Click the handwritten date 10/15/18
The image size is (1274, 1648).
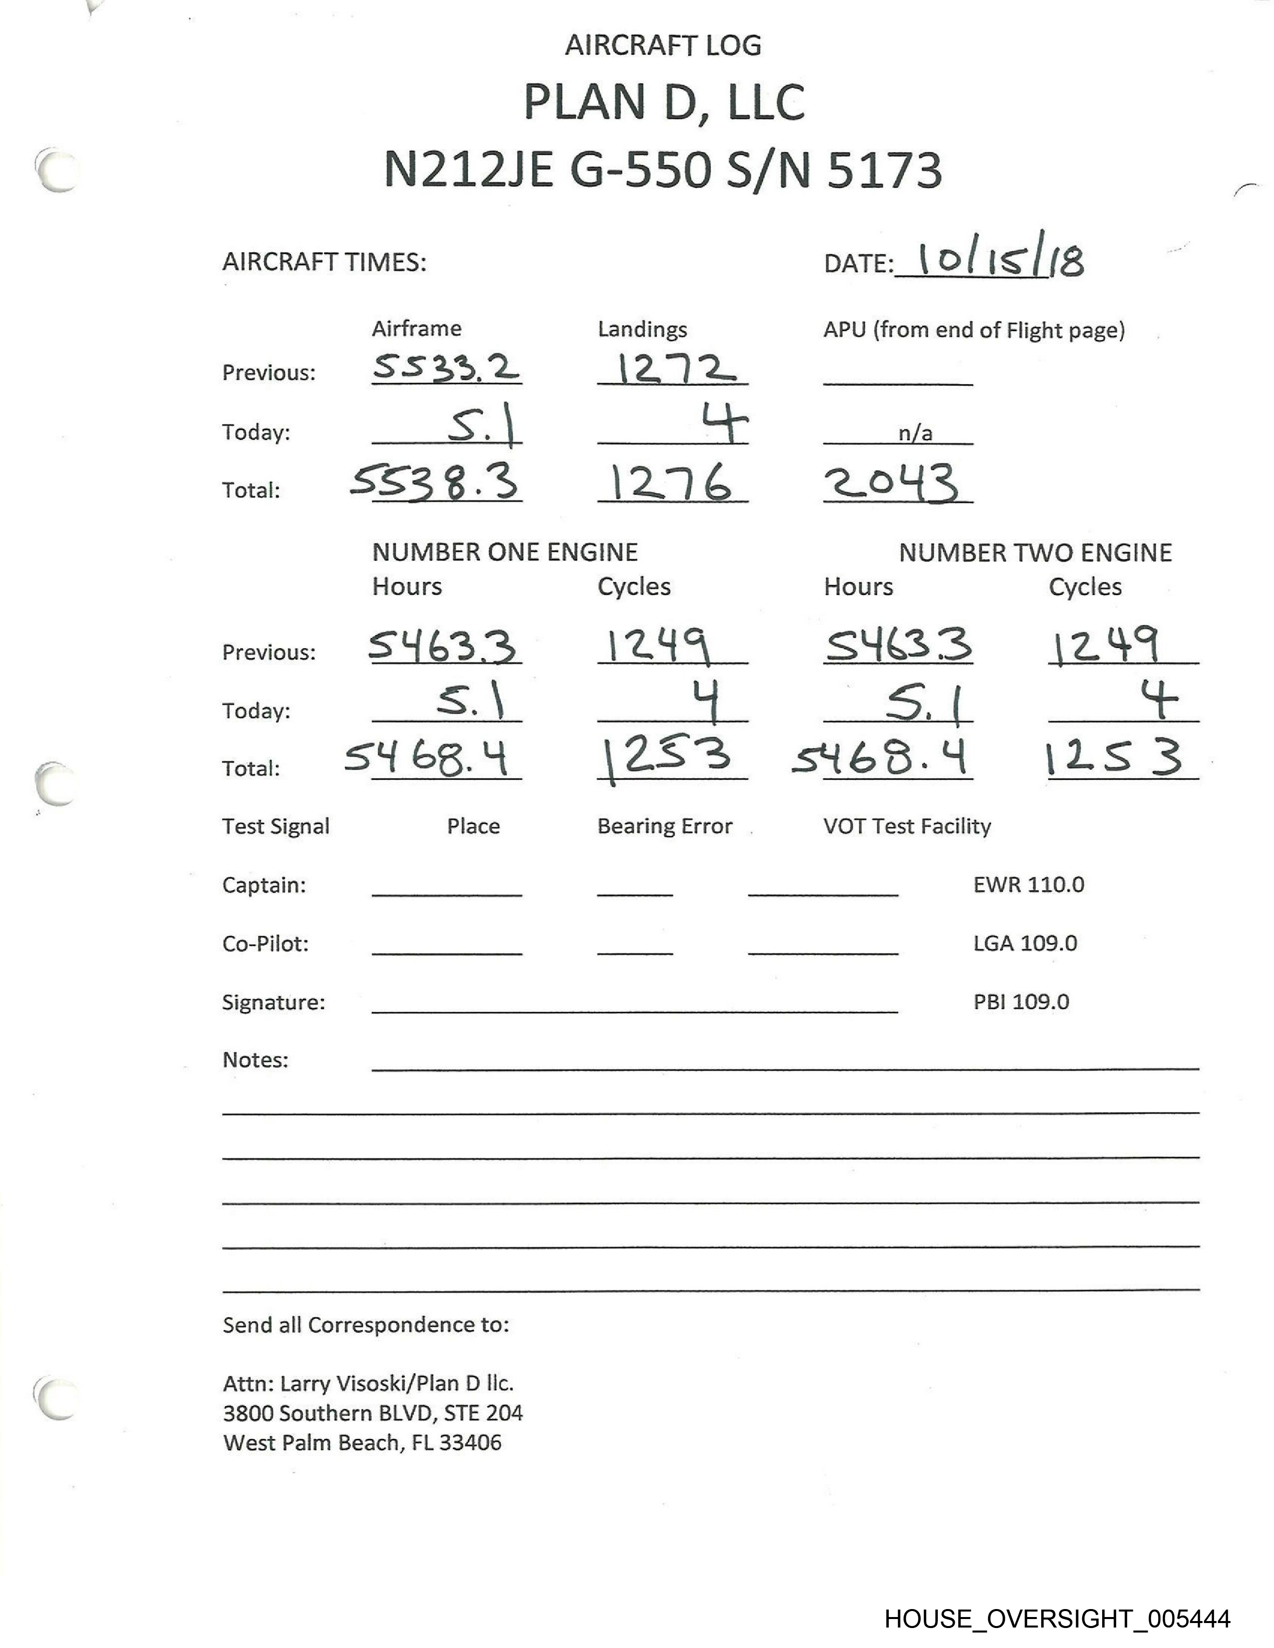1000,261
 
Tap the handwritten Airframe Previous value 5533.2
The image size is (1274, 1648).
445,368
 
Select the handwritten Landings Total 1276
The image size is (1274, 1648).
670,483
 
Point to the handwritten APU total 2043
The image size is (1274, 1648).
891,483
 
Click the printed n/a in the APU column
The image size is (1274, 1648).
915,433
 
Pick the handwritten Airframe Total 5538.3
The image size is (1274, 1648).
435,481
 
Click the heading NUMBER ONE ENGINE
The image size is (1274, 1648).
504,552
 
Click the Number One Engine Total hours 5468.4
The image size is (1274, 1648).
427,758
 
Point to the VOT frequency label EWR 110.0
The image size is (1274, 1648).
1028,884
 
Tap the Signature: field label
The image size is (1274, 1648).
273,1002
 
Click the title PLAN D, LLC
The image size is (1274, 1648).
663,102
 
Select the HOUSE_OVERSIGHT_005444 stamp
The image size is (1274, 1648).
1057,1619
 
